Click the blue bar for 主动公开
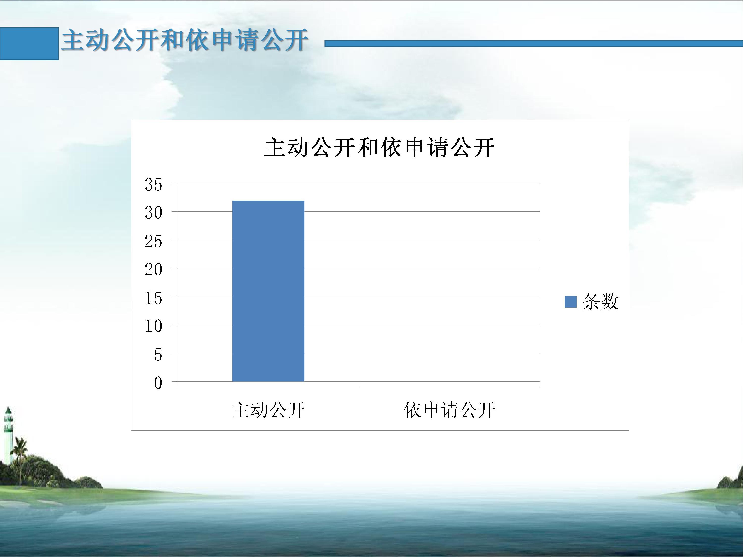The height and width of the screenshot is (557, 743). [268, 291]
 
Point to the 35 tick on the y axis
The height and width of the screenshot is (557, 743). [154, 185]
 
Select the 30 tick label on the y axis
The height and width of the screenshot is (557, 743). [154, 213]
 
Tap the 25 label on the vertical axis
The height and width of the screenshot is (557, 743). [154, 241]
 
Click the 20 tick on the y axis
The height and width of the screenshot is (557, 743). [154, 270]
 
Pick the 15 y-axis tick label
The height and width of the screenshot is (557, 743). [154, 298]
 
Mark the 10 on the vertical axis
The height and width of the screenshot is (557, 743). [154, 326]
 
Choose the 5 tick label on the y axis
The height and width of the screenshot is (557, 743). [158, 354]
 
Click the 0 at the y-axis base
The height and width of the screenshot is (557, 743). [158, 383]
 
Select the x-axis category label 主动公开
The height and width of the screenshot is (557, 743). [268, 410]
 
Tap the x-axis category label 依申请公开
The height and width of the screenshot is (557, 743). [450, 410]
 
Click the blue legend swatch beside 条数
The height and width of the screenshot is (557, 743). [571, 302]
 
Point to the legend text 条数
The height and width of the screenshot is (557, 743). [601, 302]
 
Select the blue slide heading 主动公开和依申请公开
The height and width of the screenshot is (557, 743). [185, 40]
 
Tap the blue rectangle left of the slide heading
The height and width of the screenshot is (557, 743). [29, 44]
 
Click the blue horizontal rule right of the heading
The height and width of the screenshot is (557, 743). [534, 43]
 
